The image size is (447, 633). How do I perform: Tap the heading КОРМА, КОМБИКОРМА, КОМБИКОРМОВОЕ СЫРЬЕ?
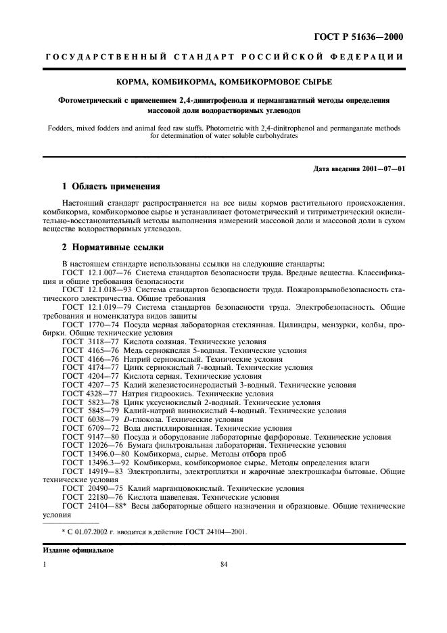click(222, 83)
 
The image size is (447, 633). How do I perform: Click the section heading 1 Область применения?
click(107, 185)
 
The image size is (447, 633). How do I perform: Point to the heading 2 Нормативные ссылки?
click(112, 248)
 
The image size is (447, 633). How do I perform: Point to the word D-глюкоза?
click(144, 419)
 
